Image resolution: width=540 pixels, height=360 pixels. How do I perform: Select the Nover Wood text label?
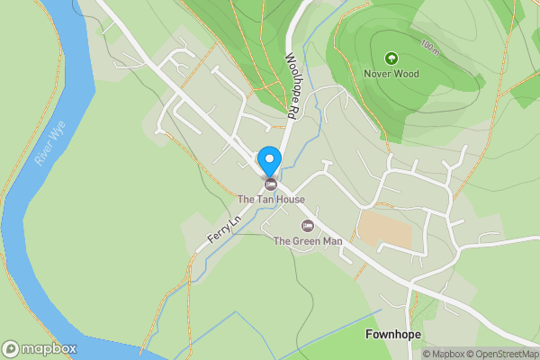392,73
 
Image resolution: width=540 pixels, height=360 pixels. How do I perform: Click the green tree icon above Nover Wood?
391,58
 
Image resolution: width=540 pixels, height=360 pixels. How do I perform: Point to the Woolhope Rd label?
290,86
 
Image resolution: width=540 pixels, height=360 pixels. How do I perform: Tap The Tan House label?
271,199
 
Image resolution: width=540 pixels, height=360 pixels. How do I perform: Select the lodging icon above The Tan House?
270,184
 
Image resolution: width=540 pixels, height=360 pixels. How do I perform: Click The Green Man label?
307,241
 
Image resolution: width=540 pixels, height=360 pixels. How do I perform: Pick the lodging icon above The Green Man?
307,225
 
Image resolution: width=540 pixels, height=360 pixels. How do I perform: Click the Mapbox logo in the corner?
40,348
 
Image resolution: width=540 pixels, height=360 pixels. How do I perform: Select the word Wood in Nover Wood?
407,73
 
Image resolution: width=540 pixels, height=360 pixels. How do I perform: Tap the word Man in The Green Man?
330,241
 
